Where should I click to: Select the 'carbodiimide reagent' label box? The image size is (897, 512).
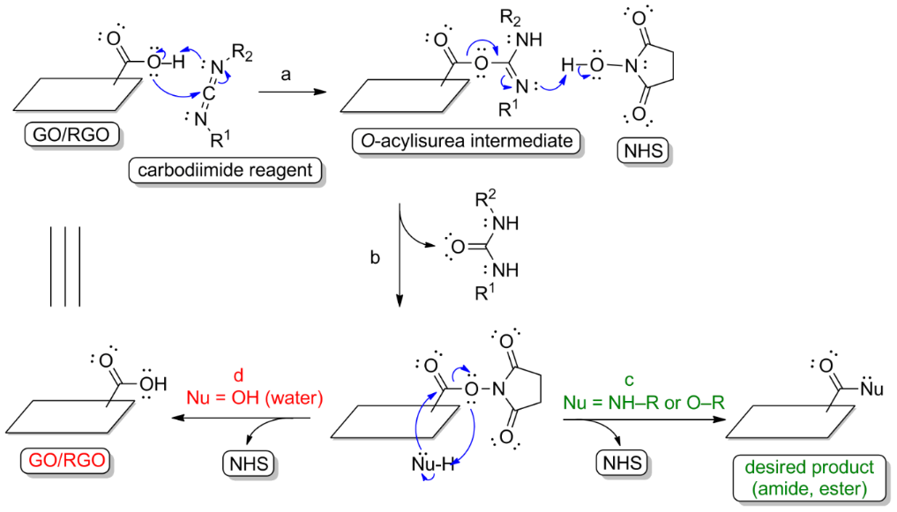point(226,170)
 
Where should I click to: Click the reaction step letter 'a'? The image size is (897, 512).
point(286,76)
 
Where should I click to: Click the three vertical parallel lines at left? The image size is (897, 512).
point(65,266)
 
